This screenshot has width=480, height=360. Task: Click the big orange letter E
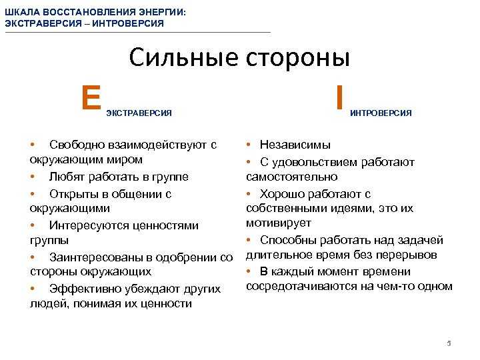(x=91, y=97)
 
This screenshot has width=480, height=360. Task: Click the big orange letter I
(x=339, y=97)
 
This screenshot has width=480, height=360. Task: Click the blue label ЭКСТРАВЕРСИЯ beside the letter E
(x=139, y=113)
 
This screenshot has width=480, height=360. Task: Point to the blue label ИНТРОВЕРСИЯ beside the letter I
(x=381, y=113)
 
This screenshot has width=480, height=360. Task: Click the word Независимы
(x=295, y=145)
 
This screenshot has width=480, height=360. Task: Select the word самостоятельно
(x=292, y=177)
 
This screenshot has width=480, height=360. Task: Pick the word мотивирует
(x=279, y=223)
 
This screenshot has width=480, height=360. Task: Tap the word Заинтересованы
(x=97, y=257)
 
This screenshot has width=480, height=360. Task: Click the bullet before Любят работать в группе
(x=33, y=176)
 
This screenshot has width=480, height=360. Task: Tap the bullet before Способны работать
(x=249, y=240)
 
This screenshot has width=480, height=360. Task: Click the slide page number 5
(x=449, y=343)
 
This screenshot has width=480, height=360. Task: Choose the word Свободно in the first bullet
(x=78, y=145)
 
